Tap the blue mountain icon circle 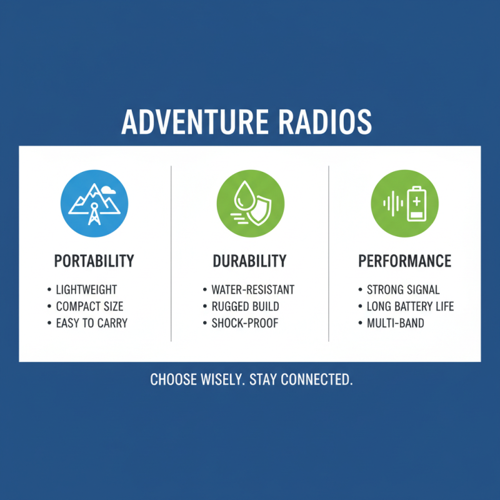94,203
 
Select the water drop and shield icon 250,203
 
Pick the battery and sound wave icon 405,203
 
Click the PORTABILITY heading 94,261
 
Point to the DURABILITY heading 250,261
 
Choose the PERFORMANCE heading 405,261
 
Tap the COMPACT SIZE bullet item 89,306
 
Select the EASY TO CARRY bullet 91,323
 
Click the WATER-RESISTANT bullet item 252,290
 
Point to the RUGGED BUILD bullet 245,306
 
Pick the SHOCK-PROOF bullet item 244,323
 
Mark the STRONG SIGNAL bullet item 403,290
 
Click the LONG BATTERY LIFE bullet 410,306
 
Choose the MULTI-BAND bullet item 395,323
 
